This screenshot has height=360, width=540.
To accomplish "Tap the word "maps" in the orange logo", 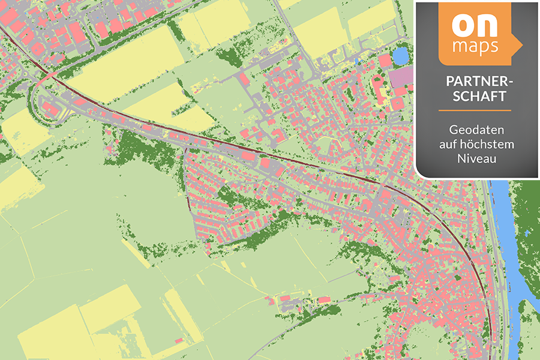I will coord(475,46).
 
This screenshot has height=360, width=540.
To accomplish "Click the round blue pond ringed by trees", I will coord(400,56).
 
